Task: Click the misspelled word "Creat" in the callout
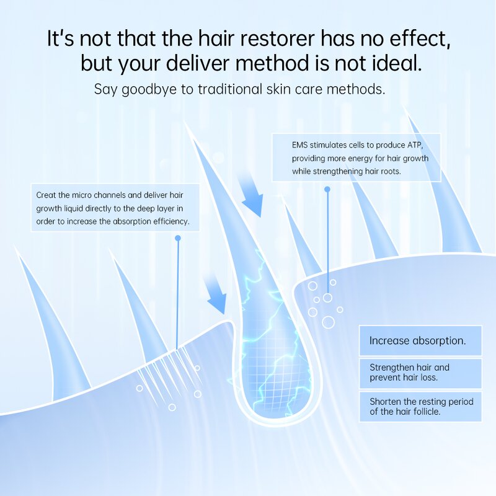pyautogui.click(x=47, y=195)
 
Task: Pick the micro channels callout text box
pyautogui.click(x=115, y=208)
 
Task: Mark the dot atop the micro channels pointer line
pyautogui.click(x=178, y=238)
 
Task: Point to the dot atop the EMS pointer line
pyautogui.click(x=327, y=189)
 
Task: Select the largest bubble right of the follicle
pyautogui.click(x=328, y=322)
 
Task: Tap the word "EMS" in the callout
pyautogui.click(x=301, y=144)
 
